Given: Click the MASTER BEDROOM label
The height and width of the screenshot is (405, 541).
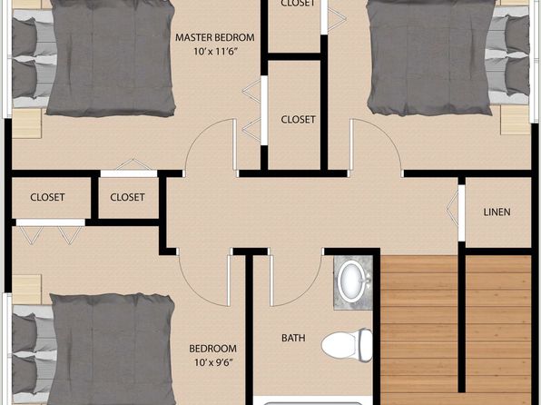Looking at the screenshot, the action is [x=214, y=37].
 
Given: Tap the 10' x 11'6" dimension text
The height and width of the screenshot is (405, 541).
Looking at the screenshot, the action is [x=216, y=52].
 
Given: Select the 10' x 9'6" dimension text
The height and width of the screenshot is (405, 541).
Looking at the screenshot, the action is [x=214, y=362].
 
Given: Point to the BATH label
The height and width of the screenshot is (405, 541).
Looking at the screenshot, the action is [x=293, y=338].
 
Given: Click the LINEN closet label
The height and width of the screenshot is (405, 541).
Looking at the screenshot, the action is [x=497, y=212].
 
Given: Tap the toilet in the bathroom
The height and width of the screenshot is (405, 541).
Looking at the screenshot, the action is [x=347, y=344].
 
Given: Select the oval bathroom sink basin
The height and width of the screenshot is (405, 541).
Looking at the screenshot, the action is [x=351, y=281].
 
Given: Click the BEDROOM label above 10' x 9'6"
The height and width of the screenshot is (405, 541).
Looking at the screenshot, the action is [x=213, y=349].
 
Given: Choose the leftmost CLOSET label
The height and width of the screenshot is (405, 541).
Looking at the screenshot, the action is [x=47, y=197].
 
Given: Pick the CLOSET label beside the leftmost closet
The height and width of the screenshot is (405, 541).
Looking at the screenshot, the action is [x=127, y=197].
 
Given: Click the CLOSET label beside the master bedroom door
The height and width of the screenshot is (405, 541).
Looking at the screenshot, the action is [x=298, y=120].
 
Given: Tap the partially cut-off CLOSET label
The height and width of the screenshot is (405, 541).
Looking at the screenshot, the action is [x=298, y=4].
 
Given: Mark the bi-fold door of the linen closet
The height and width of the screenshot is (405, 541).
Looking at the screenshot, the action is [x=453, y=210].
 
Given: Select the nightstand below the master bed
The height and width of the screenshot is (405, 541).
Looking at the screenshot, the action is [x=27, y=123].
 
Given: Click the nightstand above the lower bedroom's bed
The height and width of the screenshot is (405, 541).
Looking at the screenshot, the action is [x=27, y=290].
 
